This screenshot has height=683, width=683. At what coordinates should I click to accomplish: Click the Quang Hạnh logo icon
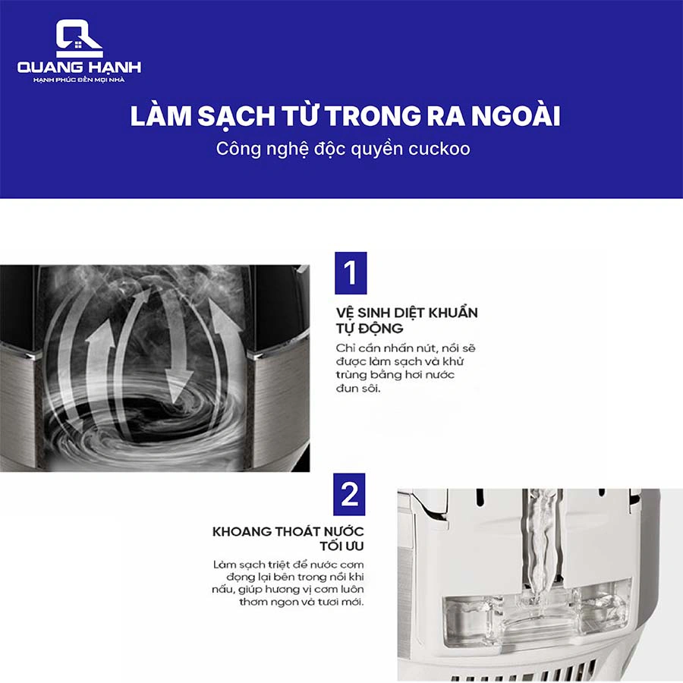click(79, 39)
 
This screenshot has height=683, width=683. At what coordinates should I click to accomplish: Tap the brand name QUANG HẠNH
click(79, 67)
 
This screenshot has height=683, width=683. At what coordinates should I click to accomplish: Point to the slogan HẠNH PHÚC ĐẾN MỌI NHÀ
click(79, 80)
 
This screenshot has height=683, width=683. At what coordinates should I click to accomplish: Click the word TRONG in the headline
click(373, 116)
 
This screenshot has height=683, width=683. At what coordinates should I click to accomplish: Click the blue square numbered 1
click(351, 273)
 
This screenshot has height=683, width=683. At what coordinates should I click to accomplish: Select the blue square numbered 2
click(349, 494)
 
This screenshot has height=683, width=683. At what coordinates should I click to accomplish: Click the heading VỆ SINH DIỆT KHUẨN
click(407, 313)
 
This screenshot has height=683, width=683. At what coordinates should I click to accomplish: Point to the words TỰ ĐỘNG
click(370, 329)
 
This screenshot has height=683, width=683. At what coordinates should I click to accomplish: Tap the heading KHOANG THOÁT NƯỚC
click(288, 531)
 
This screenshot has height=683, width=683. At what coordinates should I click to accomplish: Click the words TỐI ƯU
click(342, 546)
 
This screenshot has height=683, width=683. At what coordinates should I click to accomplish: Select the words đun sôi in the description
click(358, 388)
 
